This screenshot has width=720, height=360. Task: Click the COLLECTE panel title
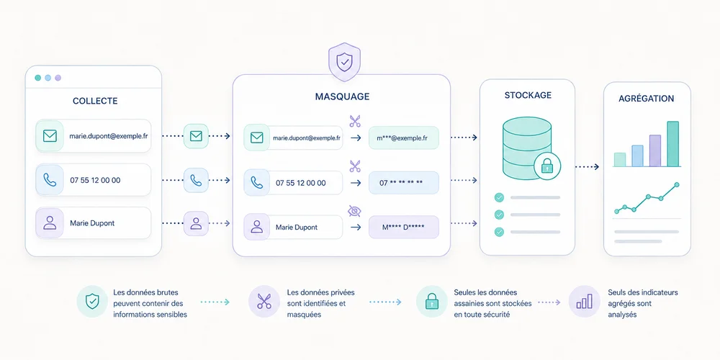(x=95, y=101)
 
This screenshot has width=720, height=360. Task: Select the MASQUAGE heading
(x=342, y=96)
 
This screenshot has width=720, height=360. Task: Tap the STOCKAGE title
(x=528, y=96)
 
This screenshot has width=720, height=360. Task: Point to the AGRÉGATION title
(x=646, y=98)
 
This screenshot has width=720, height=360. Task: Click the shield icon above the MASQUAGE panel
(x=344, y=61)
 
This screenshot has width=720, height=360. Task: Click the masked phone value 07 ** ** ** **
(x=401, y=183)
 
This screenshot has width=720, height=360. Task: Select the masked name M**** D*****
(x=403, y=227)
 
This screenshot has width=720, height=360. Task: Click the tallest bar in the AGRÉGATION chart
(x=672, y=144)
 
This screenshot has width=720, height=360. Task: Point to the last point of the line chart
(x=676, y=184)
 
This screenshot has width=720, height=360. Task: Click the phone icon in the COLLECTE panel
(x=50, y=180)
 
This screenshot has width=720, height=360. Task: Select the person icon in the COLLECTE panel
(x=50, y=223)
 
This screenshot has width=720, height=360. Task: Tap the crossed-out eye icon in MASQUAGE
(x=354, y=211)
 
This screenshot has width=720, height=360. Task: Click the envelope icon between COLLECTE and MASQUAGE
(x=196, y=136)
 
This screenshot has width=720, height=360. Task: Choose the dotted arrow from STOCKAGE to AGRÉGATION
(x=588, y=167)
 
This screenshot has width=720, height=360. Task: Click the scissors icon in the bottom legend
(x=264, y=301)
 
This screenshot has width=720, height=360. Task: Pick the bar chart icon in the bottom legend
(x=584, y=301)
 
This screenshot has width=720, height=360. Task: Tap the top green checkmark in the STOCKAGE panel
(x=499, y=197)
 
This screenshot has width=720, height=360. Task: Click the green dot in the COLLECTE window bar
(x=37, y=78)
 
